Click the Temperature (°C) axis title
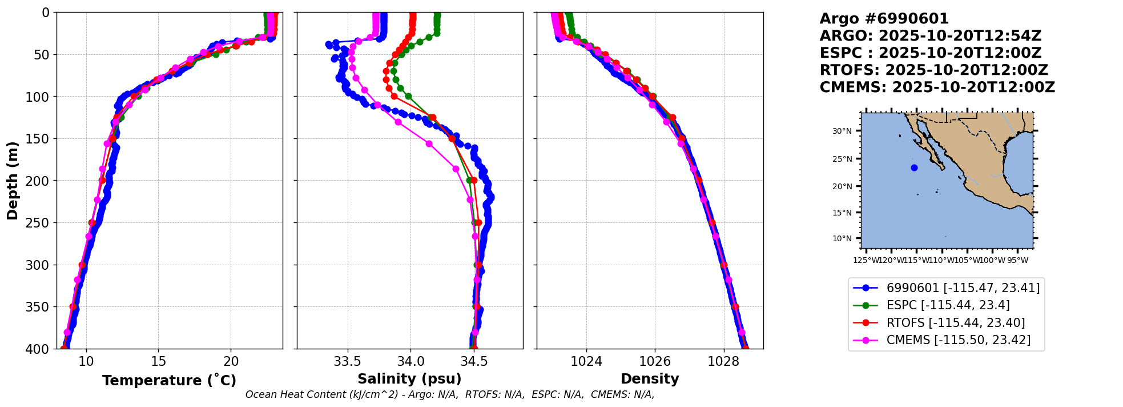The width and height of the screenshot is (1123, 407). tap(169, 381)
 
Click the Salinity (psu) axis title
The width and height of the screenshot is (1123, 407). tap(409, 379)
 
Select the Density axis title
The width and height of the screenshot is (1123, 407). tap(650, 379)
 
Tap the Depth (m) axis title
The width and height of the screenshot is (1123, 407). tap(13, 180)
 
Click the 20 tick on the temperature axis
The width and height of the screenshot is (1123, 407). tap(231, 361)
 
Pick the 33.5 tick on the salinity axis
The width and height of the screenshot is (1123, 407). tap(347, 361)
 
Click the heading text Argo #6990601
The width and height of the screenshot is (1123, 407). tap(884, 19)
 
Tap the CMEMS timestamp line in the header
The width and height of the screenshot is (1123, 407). tap(937, 87)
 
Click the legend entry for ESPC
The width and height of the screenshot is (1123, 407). tap(948, 305)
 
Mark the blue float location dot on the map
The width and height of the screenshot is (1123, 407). tap(914, 167)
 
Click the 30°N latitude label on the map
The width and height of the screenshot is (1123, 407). tap(842, 131)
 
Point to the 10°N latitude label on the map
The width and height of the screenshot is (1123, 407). tap(842, 238)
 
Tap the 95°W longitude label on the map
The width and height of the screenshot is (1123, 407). tap(1017, 261)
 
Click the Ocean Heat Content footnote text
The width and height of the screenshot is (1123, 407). tap(450, 394)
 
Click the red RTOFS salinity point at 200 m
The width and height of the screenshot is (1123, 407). tap(473, 181)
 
